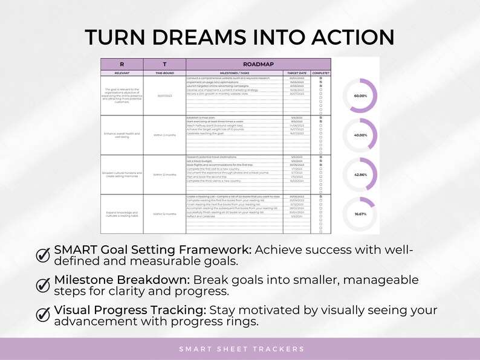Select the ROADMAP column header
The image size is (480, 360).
pos(259,63)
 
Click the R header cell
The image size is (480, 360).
pos(122,63)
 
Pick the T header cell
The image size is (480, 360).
pos(164,63)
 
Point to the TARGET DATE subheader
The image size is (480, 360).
pos(297,72)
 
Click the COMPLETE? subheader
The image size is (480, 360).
pos(321,72)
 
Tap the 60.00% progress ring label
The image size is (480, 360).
pos(361,95)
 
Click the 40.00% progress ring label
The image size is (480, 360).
pos(361,135)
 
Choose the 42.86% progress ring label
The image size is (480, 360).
pos(361,175)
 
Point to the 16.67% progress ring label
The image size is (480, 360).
pos(361,214)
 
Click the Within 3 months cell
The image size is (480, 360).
pos(164,135)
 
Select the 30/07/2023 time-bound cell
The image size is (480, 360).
pos(164,95)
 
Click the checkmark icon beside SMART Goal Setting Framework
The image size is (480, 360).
pos(44,255)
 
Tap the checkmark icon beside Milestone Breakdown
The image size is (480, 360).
pos(44,284)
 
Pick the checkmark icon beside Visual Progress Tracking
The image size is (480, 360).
pos(44,314)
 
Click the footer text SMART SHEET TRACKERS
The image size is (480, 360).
pos(241,349)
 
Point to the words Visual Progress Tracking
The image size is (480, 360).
pos(130,310)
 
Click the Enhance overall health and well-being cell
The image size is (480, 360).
pos(122,135)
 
